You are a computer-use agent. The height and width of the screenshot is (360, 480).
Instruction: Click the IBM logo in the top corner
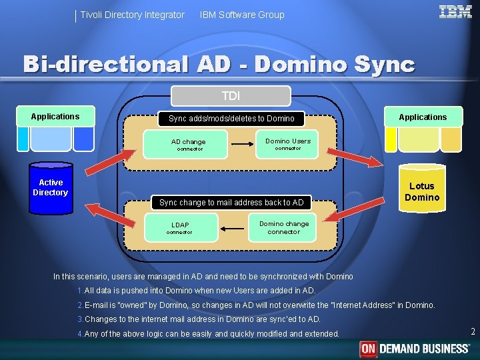coord(455,11)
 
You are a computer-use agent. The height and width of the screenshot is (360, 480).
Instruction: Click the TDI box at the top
coord(231,96)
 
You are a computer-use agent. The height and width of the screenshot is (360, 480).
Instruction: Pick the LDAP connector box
coord(180,228)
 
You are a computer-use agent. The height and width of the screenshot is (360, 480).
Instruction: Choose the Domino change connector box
coord(283,227)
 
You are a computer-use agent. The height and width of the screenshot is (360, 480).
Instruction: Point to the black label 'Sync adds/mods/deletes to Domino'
coord(231,119)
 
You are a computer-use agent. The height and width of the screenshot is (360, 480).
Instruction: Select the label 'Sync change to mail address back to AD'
coord(231,202)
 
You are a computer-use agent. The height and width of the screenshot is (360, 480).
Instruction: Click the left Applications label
coord(55,117)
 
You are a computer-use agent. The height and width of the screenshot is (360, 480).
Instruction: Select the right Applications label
coord(423,117)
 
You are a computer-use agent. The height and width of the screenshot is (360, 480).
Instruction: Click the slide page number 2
coord(472,332)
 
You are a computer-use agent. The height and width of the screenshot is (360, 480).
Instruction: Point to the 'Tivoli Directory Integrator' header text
coord(132,15)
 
